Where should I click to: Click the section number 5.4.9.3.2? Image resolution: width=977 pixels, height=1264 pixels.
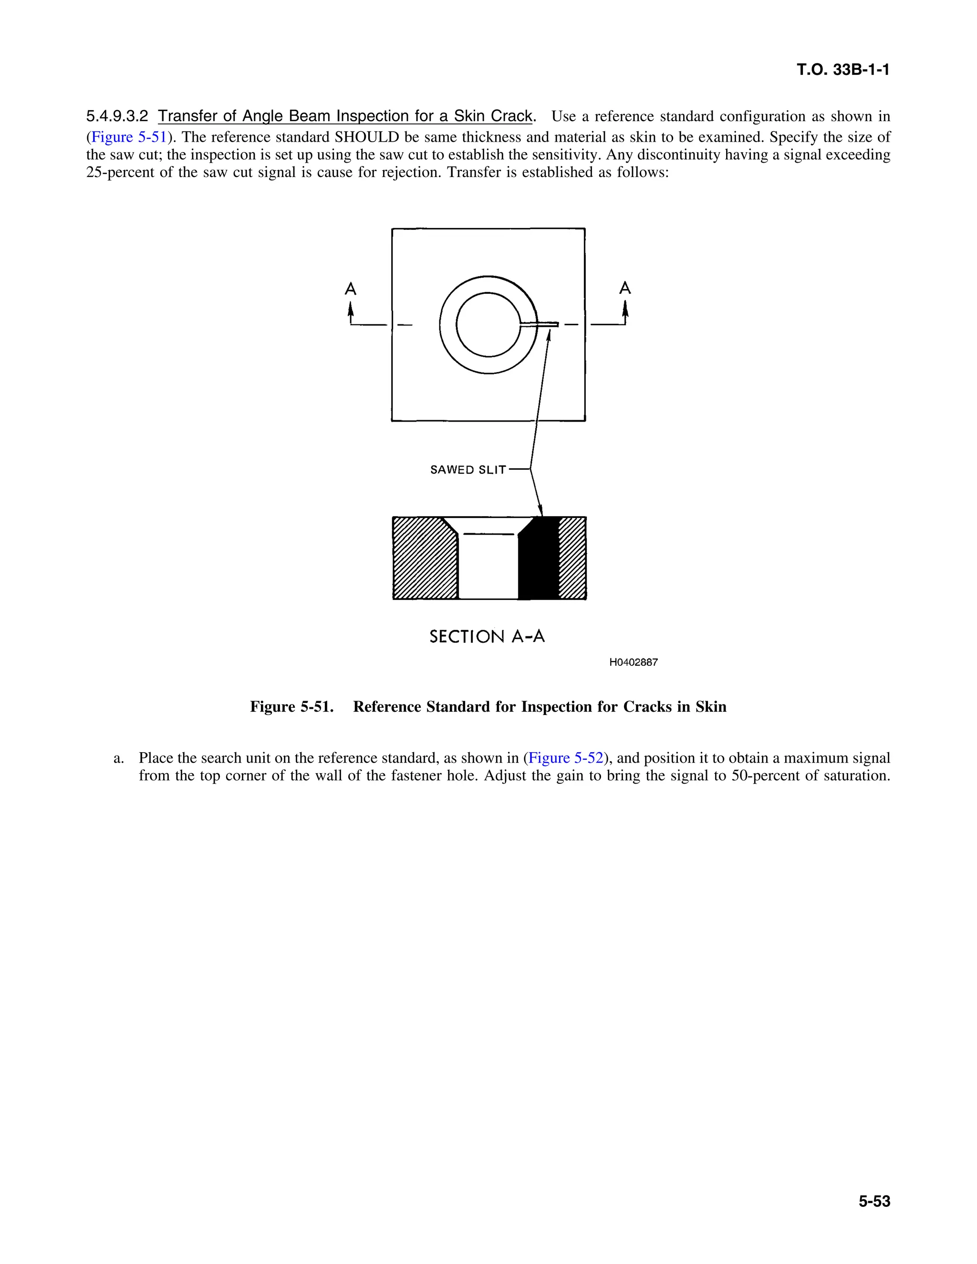(x=117, y=116)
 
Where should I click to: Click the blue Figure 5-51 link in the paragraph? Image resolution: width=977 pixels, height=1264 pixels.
(x=128, y=137)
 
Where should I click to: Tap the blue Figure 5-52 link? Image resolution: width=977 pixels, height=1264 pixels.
(x=565, y=758)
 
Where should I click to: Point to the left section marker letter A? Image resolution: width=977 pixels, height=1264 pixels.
(x=350, y=289)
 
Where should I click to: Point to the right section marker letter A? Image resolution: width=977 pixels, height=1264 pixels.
(x=624, y=288)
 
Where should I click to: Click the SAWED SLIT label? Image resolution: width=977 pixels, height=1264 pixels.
(x=468, y=470)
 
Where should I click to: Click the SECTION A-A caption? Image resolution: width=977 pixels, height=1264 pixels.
(x=487, y=637)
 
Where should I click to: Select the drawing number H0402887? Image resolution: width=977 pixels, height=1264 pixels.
(x=633, y=662)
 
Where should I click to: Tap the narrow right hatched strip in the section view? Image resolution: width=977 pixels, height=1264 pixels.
(x=572, y=559)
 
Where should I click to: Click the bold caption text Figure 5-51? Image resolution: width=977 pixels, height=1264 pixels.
(x=291, y=707)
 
